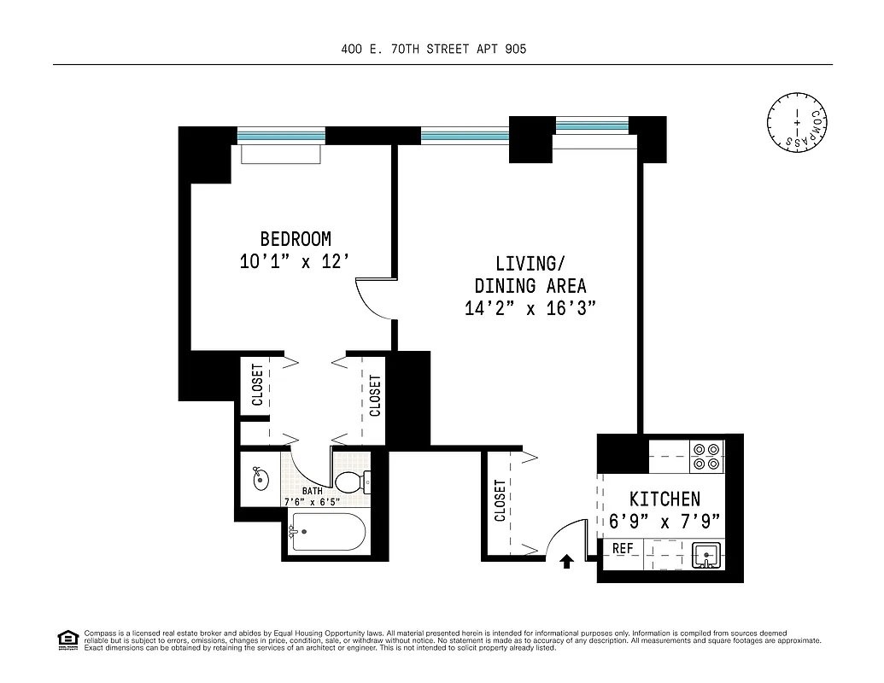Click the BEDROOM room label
click(x=296, y=239)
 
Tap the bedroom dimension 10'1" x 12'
click(x=296, y=262)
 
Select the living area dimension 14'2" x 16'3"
click(x=530, y=308)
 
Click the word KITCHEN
click(x=664, y=499)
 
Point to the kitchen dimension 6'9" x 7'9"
click(x=664, y=520)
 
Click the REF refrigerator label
click(x=623, y=548)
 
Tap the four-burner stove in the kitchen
click(x=706, y=457)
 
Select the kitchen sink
click(x=706, y=555)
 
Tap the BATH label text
click(x=312, y=491)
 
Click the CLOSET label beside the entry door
click(x=501, y=500)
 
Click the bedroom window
click(x=281, y=135)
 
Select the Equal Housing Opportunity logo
click(x=67, y=639)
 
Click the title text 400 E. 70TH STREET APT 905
click(x=434, y=49)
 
